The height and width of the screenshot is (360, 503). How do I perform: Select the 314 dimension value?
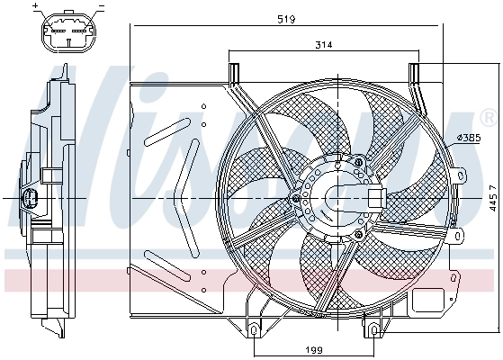point(325,44)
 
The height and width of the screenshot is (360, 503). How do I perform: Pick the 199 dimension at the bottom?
point(312,349)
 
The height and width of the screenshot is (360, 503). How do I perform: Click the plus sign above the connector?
point(36,6)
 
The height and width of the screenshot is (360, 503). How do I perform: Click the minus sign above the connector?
point(101,6)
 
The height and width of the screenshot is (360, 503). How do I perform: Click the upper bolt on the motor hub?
point(360,162)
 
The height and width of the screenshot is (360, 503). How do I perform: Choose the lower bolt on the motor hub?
point(359,234)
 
